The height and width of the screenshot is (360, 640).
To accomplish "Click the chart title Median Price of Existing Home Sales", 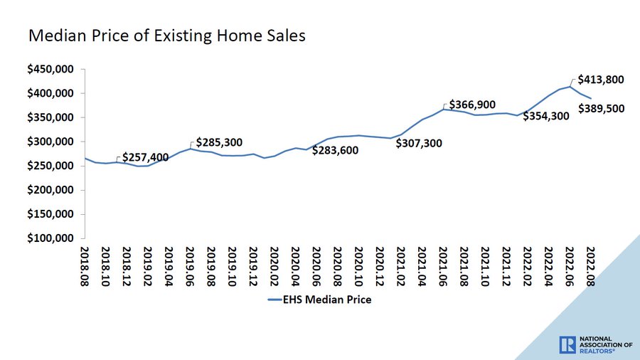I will click(x=166, y=35).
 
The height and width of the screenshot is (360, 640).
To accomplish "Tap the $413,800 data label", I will click(x=601, y=80).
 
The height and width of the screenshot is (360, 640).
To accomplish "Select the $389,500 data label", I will click(x=601, y=109).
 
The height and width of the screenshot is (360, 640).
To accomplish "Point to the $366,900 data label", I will click(x=472, y=105).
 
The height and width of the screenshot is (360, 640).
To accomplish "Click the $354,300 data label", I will click(x=545, y=116).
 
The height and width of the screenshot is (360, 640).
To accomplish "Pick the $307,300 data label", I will click(x=418, y=143).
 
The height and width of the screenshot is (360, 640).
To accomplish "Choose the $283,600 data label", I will click(x=336, y=150).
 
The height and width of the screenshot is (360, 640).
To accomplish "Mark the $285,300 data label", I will click(x=220, y=142).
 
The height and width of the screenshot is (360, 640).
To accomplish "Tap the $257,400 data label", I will click(x=146, y=157).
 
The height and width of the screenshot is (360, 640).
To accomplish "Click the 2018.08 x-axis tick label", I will click(x=85, y=266).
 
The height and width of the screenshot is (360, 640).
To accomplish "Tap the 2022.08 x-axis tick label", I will click(x=590, y=266).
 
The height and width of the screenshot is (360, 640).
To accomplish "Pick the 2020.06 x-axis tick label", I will click(x=316, y=266).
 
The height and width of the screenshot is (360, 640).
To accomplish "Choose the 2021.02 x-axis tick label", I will click(x=400, y=266).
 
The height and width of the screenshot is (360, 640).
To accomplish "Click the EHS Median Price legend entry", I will click(x=319, y=300).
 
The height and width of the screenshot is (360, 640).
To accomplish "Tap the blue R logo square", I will click(x=567, y=344).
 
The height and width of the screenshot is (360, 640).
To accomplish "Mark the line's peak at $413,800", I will click(x=569, y=86).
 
